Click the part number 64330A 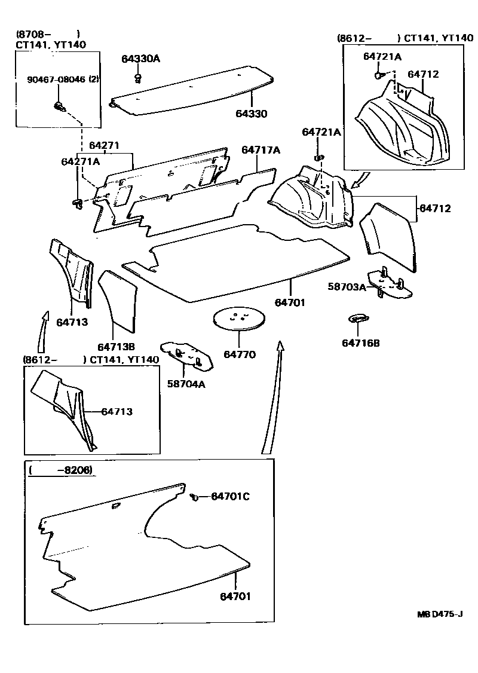(x=141, y=59)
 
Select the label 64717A (x=261, y=150)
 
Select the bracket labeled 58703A (x=390, y=284)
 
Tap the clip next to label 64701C (x=194, y=496)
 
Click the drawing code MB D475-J (x=440, y=614)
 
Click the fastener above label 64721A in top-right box (x=379, y=75)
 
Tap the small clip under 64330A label (x=138, y=78)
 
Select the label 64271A (x=81, y=161)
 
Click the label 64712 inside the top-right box (x=423, y=74)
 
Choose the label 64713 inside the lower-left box (x=117, y=411)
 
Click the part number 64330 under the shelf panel (x=251, y=114)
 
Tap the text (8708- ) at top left (x=48, y=33)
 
